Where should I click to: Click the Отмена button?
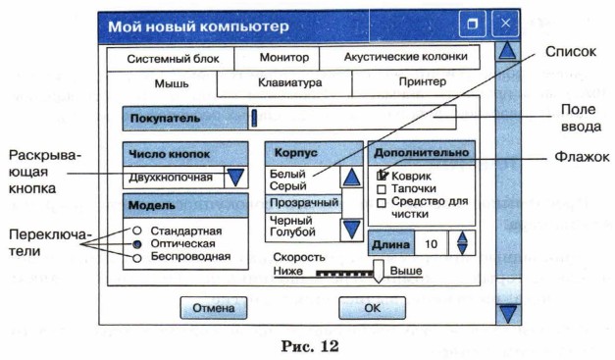pyautogui.click(x=214, y=308)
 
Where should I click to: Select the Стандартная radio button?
pyautogui.click(x=136, y=231)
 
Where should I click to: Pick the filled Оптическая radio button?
pyautogui.click(x=136, y=244)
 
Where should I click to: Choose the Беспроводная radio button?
pyautogui.click(x=136, y=258)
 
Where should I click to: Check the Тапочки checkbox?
pyautogui.click(x=382, y=189)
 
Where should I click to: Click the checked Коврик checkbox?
pyautogui.click(x=382, y=176)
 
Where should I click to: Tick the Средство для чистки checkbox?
pyautogui.click(x=382, y=203)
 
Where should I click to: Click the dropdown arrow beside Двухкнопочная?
pyautogui.click(x=235, y=178)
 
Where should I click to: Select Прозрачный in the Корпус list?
pyautogui.click(x=304, y=203)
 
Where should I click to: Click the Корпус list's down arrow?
pyautogui.click(x=351, y=229)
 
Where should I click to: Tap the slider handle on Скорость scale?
pyautogui.click(x=378, y=271)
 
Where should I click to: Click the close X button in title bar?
pyautogui.click(x=505, y=24)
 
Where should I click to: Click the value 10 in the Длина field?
pyautogui.click(x=431, y=244)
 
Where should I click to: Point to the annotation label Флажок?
pyautogui.click(x=582, y=157)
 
